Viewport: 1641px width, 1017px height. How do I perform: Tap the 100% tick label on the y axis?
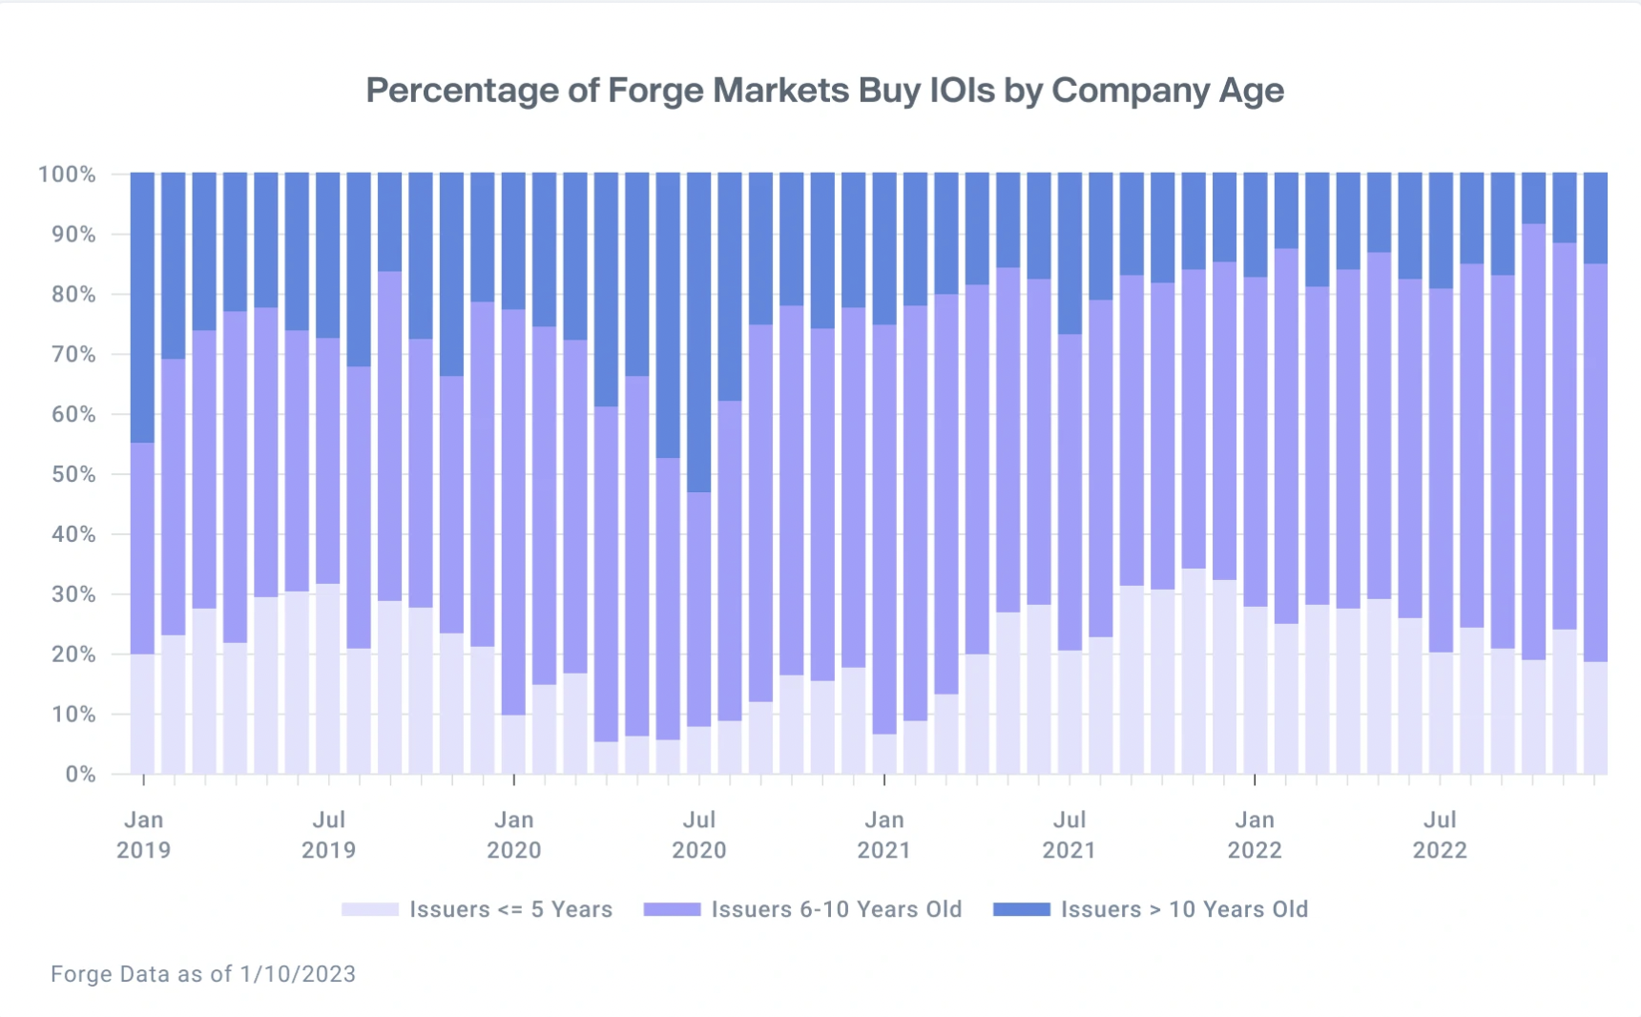coord(67,175)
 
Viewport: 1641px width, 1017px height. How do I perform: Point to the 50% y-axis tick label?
coord(73,475)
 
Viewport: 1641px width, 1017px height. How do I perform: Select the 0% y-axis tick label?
coord(80,775)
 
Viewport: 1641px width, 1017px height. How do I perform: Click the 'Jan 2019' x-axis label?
coord(143,835)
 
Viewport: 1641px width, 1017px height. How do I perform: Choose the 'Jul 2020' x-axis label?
coord(698,835)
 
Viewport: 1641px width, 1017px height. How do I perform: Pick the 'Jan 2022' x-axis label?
coord(1254,835)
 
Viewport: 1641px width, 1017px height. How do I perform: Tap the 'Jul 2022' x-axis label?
coord(1439,835)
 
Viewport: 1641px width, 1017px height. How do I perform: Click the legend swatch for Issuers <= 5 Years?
coord(370,910)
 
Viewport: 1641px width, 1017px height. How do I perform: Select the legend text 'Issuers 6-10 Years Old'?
coord(836,910)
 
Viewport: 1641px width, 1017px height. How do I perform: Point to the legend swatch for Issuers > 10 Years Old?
coord(1021,910)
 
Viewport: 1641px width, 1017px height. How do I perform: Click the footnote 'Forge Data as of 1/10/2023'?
coord(203,974)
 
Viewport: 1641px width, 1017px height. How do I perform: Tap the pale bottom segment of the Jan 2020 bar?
coord(513,744)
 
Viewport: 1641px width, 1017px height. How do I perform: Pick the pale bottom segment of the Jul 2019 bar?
coord(328,678)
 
